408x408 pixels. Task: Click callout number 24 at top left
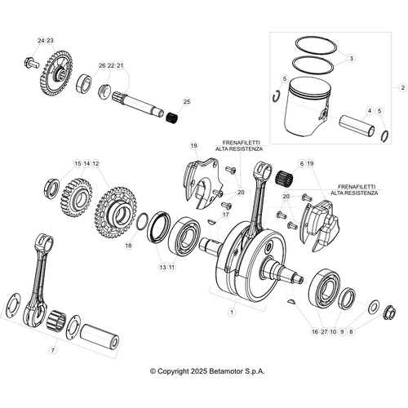39,41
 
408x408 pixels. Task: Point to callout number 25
187,102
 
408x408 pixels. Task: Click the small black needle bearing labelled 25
173,119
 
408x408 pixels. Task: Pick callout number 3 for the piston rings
351,59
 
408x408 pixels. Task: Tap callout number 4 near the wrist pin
369,110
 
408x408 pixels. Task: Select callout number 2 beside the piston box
401,86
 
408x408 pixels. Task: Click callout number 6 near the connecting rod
301,164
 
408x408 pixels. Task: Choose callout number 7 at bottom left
52,350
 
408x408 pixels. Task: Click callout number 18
128,245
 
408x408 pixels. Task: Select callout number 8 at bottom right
352,332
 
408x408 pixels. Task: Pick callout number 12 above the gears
95,164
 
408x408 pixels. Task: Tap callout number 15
78,164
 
